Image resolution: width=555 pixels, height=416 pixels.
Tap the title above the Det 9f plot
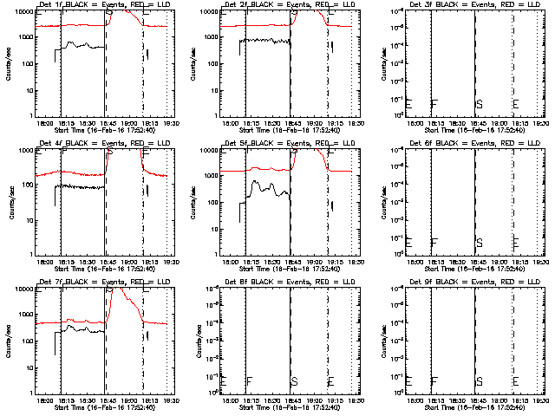click(x=473, y=283)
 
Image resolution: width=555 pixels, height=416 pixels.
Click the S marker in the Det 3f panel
click(x=479, y=104)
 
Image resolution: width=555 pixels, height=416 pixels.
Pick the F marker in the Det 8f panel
click(x=249, y=381)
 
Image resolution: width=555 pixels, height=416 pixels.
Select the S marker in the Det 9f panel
click(x=479, y=381)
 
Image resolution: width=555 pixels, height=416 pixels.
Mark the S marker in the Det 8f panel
click(x=294, y=381)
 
